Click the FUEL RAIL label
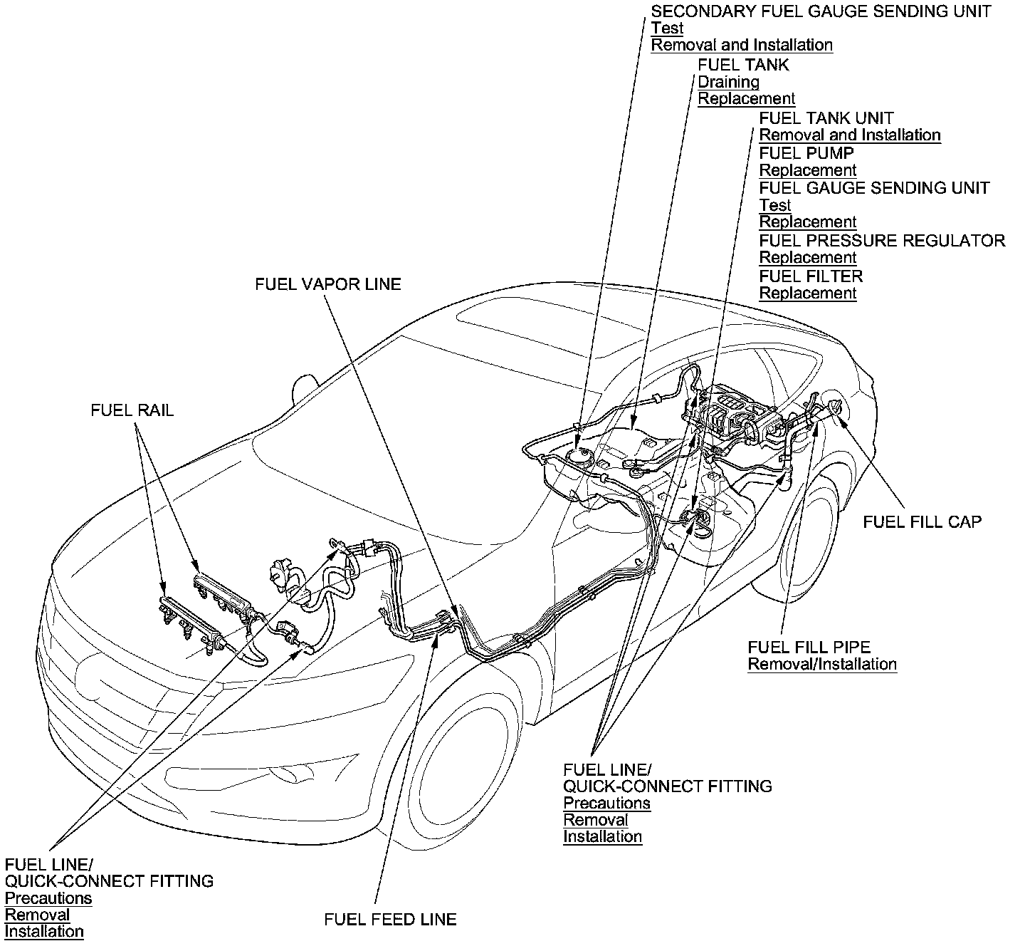[132, 411]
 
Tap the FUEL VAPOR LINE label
[328, 284]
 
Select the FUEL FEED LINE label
[390, 919]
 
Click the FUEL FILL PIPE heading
[809, 647]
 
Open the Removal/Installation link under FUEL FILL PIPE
[821, 665]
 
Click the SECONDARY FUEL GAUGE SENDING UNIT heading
[821, 11]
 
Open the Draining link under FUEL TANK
[728, 82]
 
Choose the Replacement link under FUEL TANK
[746, 99]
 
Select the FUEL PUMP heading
[806, 153]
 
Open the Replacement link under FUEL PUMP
[808, 170]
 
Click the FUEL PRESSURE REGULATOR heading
[882, 241]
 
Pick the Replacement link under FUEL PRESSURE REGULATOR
[808, 258]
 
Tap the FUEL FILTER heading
[811, 276]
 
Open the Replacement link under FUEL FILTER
[808, 293]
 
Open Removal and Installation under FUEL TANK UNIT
[850, 135]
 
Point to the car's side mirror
[304, 390]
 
